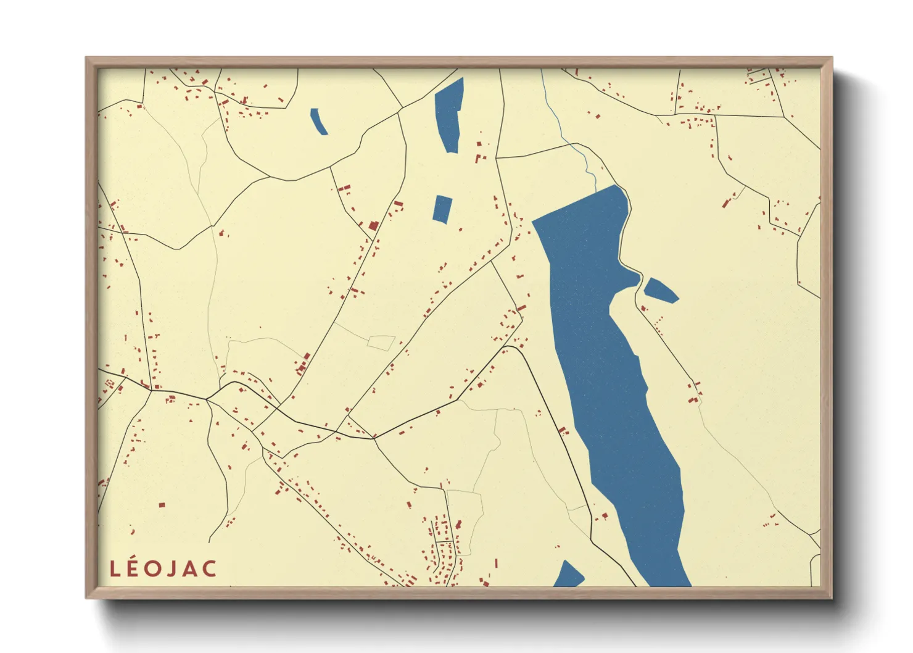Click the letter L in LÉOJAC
(115, 569)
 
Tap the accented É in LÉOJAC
(133, 569)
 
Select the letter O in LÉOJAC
(154, 569)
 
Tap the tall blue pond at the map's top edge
(449, 114)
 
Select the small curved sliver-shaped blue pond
(318, 121)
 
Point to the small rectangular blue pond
(442, 209)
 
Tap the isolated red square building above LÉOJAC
(162, 505)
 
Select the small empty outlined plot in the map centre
(381, 343)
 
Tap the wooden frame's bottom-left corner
(87, 597)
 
